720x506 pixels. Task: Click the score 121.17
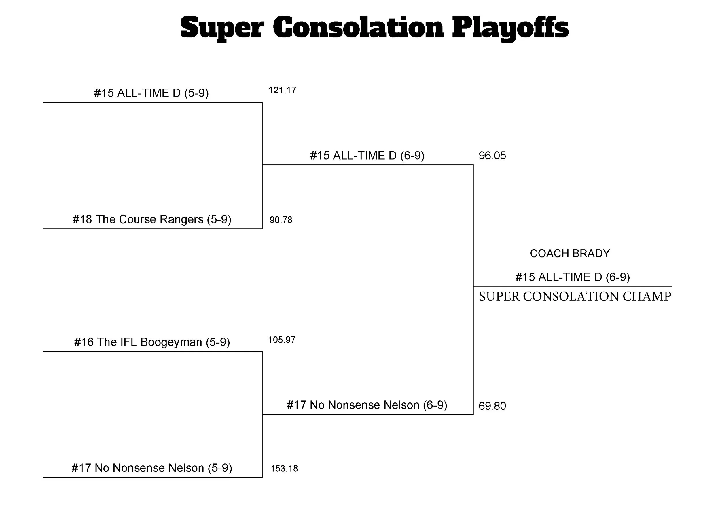pos(282,90)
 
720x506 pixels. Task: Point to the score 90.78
pos(281,220)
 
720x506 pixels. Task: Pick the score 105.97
pos(282,340)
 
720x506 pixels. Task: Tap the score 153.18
pos(284,468)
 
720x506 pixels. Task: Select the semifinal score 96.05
pos(492,156)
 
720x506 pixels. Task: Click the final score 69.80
pos(492,406)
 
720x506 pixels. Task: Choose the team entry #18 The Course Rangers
pos(152,219)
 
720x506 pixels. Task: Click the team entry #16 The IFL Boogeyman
pos(152,342)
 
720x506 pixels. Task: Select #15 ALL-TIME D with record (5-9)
pos(151,93)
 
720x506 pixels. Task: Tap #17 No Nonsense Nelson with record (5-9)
pos(152,468)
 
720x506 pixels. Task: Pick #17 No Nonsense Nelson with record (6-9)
pos(367,405)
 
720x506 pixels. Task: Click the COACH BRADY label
pos(570,253)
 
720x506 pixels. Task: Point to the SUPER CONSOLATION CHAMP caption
pos(575,296)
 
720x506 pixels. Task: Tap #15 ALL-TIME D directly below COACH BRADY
pos(573,277)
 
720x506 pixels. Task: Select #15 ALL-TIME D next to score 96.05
pos(367,156)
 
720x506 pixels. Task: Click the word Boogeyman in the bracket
pos(171,342)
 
